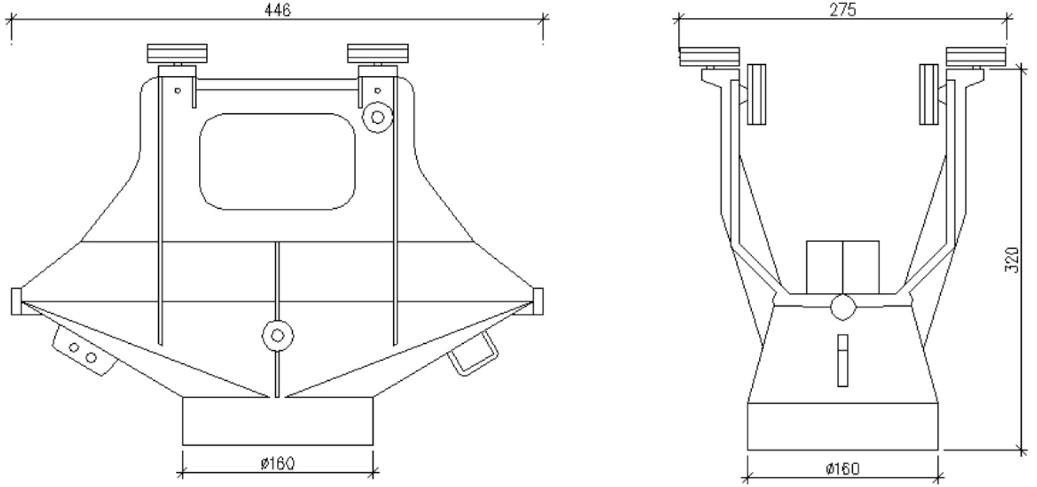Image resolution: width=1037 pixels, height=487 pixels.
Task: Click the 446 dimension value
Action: [x=277, y=10]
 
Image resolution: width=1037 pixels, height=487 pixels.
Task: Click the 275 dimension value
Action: [x=842, y=10]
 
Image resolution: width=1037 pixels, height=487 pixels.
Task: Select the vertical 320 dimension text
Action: [x=1012, y=259]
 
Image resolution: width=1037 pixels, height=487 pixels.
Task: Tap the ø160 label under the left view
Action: [x=277, y=463]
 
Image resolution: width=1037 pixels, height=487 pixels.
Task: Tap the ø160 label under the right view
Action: [x=842, y=469]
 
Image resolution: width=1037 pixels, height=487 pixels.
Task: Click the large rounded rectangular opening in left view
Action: [x=277, y=162]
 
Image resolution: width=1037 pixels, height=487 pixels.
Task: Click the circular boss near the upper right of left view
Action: [x=377, y=117]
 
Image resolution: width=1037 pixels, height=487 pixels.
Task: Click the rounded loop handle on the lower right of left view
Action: [x=473, y=354]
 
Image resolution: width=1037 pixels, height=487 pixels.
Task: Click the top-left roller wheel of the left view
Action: [x=177, y=53]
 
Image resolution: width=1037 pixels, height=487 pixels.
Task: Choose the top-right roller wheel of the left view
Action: [x=378, y=53]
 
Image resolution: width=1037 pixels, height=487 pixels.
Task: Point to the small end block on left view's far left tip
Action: [x=16, y=301]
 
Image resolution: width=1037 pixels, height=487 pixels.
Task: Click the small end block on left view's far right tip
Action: [x=538, y=301]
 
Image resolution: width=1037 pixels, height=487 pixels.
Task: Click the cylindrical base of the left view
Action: [x=277, y=421]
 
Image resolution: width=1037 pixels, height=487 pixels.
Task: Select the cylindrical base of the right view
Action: [x=842, y=426]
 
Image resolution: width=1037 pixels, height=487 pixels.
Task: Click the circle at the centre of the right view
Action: [x=842, y=307]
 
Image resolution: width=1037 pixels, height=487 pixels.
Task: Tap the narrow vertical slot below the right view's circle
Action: [x=842, y=360]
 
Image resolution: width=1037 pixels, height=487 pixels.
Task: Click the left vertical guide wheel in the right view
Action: [x=757, y=94]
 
